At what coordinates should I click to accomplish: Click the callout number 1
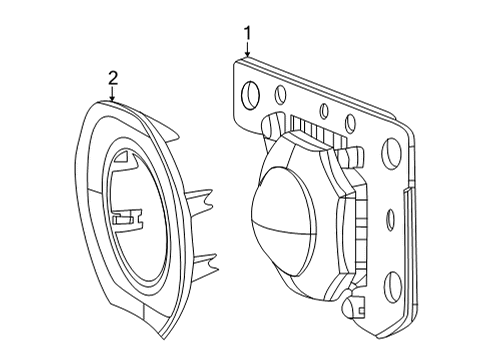point(247,35)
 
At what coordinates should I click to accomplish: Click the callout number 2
point(113,77)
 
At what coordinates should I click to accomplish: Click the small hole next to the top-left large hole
point(282,96)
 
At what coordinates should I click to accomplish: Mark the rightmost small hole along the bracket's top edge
point(348,122)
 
